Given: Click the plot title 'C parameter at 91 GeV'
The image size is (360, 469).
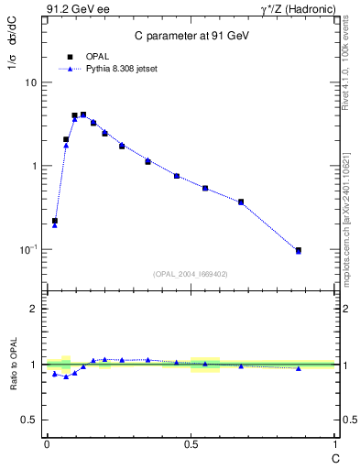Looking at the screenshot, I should click(x=189, y=35).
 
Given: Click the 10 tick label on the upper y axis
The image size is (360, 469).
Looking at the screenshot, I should click(x=30, y=82).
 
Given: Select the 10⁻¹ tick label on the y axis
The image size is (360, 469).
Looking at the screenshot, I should click(x=28, y=249).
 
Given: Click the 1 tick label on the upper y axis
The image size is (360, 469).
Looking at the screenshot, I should click(x=34, y=166).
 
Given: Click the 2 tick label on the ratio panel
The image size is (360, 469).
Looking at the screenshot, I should click(x=34, y=309).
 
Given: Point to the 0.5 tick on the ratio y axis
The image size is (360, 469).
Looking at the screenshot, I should click(x=29, y=420).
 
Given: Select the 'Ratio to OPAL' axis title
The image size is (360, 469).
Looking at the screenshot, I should click(x=13, y=364).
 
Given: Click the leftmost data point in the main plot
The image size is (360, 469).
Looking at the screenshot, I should click(x=55, y=221).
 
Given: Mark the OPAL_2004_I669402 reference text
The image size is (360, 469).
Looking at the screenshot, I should click(x=191, y=273).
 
